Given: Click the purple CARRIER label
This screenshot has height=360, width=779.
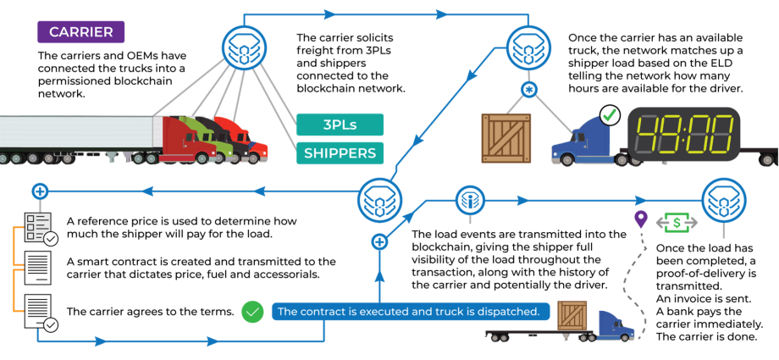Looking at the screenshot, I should [x=80, y=32].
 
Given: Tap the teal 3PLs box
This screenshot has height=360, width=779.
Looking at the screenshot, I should [x=339, y=125].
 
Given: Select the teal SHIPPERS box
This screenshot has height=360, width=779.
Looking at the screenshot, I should [x=339, y=153].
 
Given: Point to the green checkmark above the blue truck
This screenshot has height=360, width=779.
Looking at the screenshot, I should [x=609, y=115].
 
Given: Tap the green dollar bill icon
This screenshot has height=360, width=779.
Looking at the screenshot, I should [x=677, y=223].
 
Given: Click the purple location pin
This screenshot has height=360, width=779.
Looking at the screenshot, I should [x=641, y=219].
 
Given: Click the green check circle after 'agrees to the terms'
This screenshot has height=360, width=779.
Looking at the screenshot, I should [x=251, y=312].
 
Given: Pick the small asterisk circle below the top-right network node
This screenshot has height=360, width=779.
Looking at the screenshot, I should [x=528, y=90].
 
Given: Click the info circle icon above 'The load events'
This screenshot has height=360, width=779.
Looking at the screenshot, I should [x=469, y=201].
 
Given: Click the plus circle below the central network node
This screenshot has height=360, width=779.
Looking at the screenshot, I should [x=379, y=242].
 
